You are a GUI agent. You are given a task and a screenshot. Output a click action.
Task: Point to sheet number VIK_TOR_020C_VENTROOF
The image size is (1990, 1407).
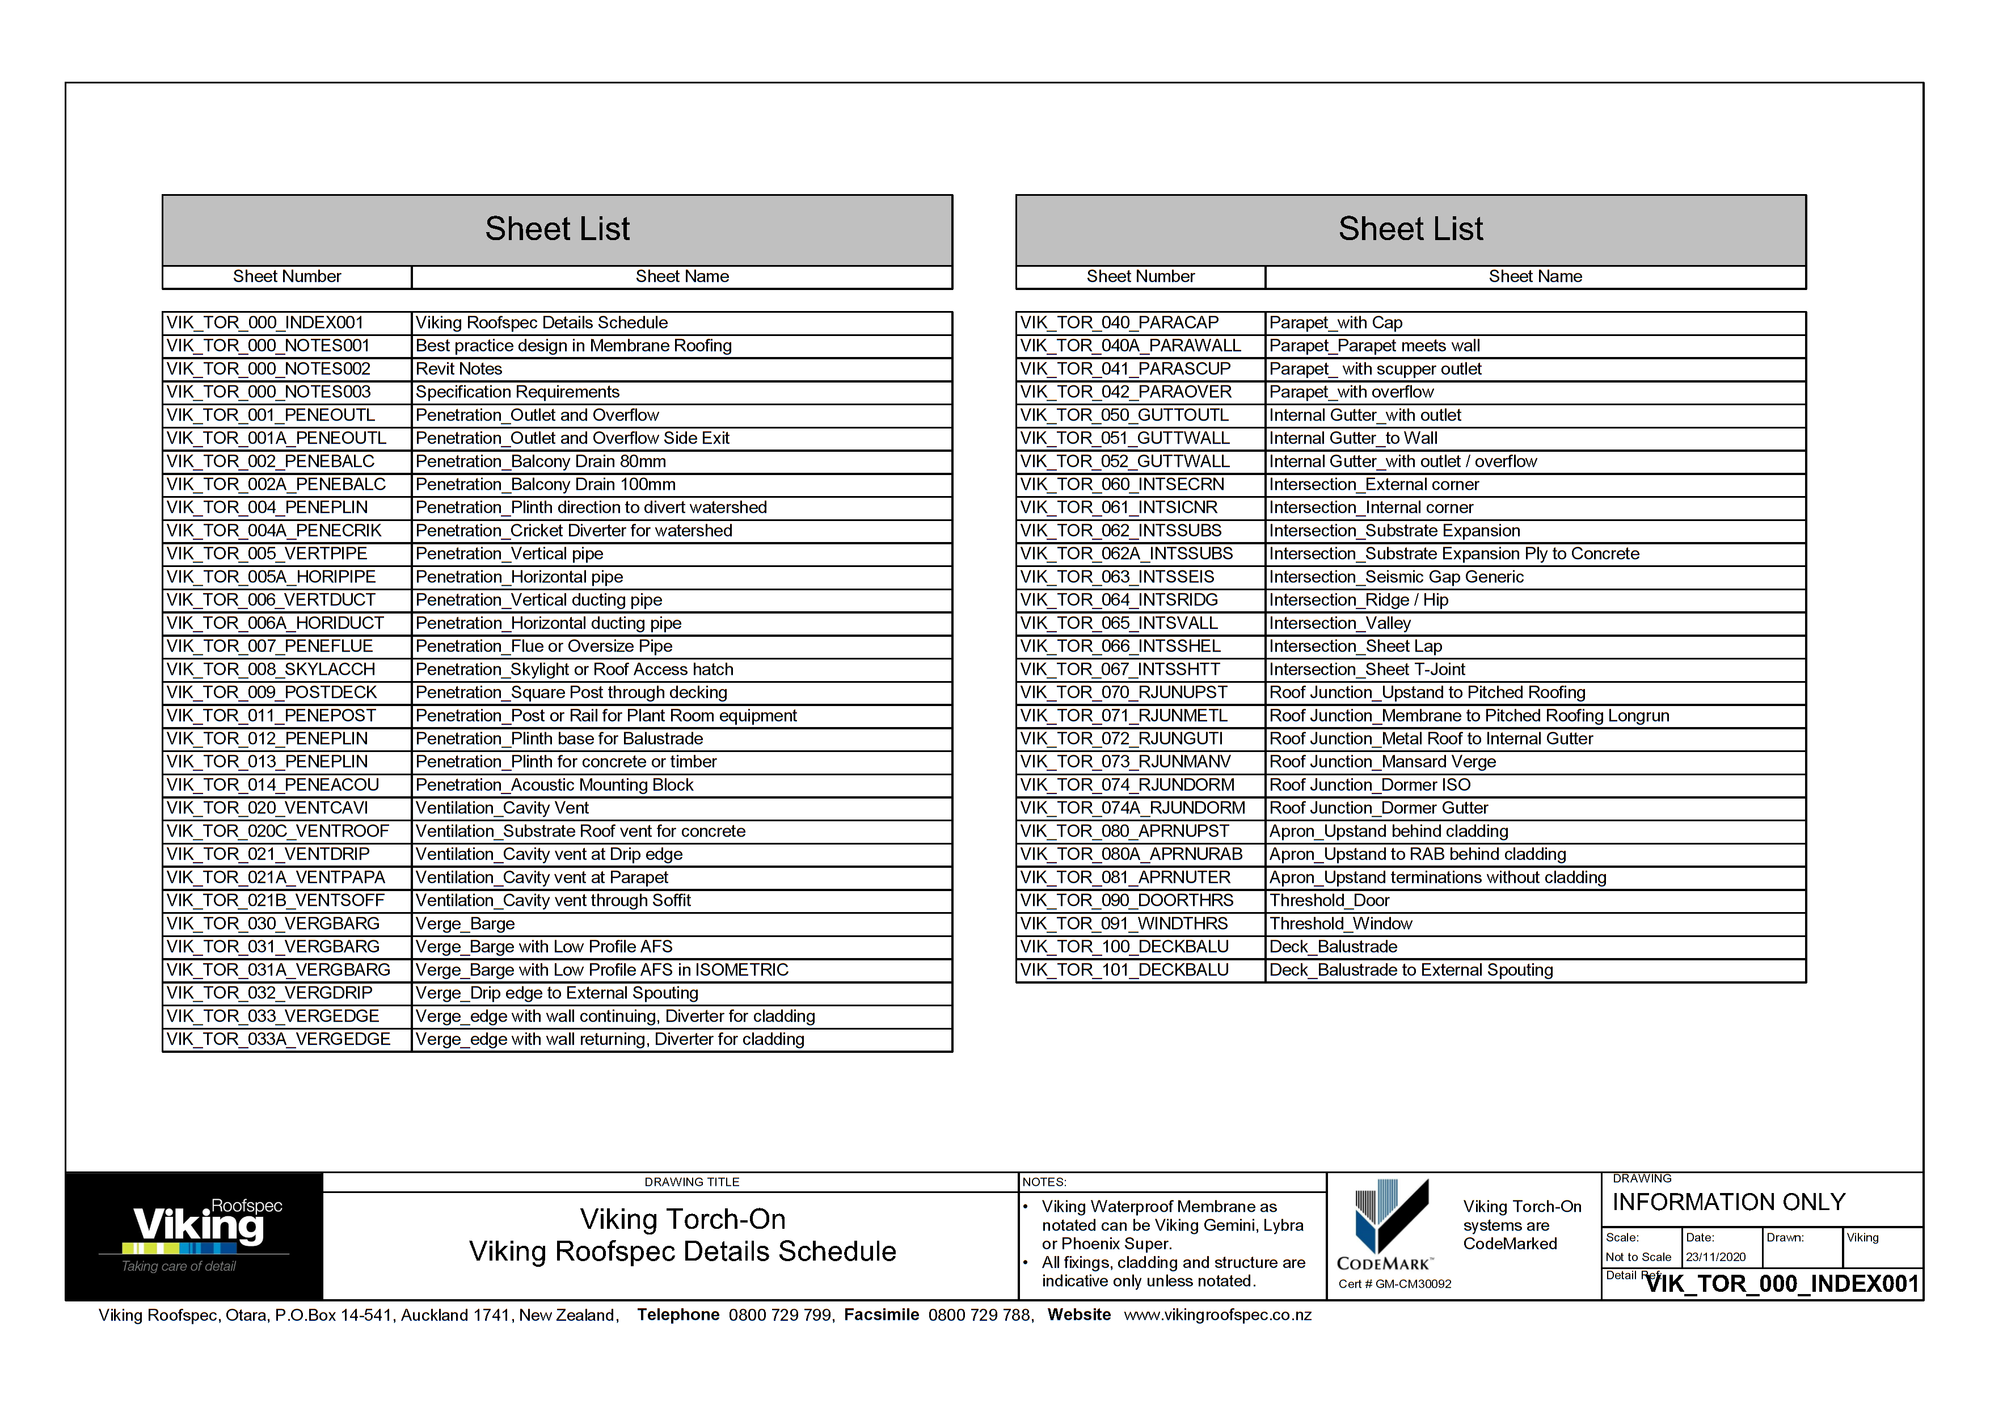tap(277, 830)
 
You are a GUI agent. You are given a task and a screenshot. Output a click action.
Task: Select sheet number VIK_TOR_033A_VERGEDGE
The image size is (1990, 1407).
tap(278, 1039)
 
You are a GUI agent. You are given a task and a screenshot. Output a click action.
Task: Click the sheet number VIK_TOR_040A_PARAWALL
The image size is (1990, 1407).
tap(1130, 345)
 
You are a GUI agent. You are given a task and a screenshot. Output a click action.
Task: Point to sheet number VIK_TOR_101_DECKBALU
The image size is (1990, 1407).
tap(1124, 969)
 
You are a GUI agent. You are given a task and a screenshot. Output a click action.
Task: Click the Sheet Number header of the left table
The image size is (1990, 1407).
tap(287, 276)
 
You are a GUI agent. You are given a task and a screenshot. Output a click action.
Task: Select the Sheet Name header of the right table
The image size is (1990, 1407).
tap(1535, 276)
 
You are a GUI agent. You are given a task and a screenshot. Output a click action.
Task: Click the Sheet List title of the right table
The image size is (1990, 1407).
tap(1410, 229)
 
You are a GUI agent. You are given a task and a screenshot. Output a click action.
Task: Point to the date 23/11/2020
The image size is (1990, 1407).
tap(1715, 1256)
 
